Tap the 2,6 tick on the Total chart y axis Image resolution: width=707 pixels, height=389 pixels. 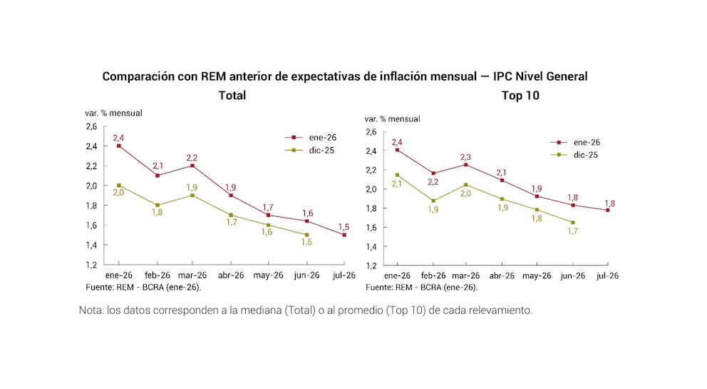91,126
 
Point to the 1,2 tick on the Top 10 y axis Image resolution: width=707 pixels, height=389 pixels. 371,266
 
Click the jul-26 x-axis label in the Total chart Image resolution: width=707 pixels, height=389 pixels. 344,275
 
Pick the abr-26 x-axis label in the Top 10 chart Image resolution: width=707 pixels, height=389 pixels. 502,276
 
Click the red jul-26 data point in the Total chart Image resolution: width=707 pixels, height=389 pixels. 344,235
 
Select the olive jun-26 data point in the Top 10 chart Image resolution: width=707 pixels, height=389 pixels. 572,223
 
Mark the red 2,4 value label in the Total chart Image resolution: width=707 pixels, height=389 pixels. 118,137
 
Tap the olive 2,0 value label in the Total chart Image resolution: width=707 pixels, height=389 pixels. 118,193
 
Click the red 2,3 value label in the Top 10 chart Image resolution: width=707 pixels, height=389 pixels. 466,156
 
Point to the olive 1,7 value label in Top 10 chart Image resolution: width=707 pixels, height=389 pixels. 573,231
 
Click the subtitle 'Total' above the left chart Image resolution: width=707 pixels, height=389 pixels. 232,95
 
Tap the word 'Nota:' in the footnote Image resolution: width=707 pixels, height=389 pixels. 91,311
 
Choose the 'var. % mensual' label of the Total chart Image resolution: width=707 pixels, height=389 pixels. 113,113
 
